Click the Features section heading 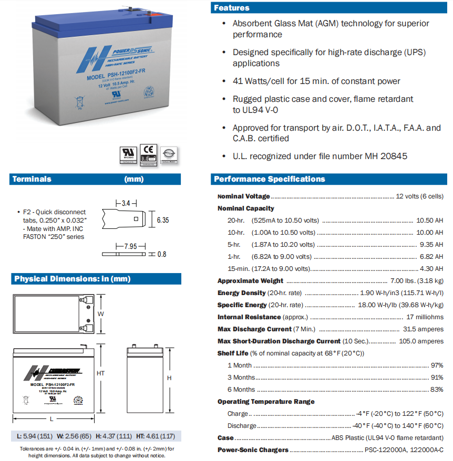point(232,8)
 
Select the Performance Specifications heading point(270,180)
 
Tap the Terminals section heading point(32,180)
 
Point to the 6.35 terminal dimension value point(163,220)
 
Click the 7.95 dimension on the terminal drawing point(130,246)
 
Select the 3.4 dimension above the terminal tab point(126,203)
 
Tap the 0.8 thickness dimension point(162,254)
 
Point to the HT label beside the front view point(101,373)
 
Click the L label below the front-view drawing point(52,418)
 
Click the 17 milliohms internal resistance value point(425,317)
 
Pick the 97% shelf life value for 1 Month point(437,365)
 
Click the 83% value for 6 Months point(437,390)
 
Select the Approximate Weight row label point(250,281)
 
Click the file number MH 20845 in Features point(386,156)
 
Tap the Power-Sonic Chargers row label point(253,450)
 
